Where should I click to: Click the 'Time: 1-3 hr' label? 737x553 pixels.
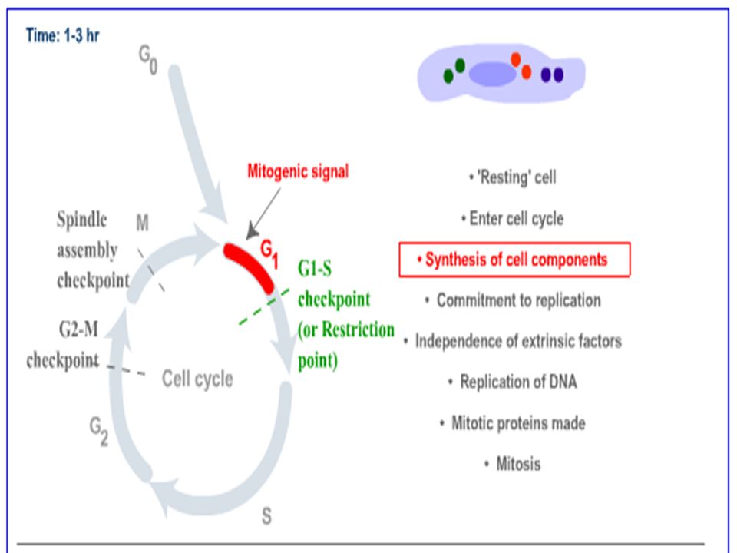(x=62, y=35)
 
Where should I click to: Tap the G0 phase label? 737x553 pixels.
(x=148, y=59)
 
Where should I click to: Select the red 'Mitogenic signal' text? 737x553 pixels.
(x=298, y=171)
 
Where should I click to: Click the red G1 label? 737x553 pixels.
(x=269, y=254)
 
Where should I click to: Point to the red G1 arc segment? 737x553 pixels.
(x=249, y=266)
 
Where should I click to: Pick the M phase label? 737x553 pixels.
(x=143, y=223)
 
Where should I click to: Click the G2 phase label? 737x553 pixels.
(x=99, y=431)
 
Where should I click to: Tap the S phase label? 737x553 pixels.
(x=266, y=516)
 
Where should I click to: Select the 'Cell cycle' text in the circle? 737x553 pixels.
(x=197, y=379)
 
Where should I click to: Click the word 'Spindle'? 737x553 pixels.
(x=82, y=220)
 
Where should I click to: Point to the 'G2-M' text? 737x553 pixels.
(x=79, y=329)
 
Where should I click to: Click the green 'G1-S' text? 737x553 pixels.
(x=315, y=269)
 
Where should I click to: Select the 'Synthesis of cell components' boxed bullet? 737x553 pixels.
(x=514, y=260)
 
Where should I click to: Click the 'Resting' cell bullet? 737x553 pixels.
(x=513, y=177)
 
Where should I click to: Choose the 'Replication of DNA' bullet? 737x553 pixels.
(x=513, y=382)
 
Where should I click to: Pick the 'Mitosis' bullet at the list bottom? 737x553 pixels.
(x=513, y=464)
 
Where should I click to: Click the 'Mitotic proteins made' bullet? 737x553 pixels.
(x=513, y=423)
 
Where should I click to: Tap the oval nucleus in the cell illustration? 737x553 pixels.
(x=493, y=75)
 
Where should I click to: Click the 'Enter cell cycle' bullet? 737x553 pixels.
(x=513, y=219)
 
